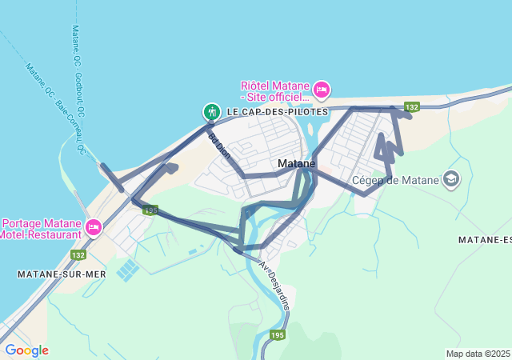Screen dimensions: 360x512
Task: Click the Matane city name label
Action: click(x=296, y=163)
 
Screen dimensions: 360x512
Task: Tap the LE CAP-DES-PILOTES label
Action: click(x=277, y=111)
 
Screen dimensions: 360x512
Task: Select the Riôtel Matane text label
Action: click(x=274, y=91)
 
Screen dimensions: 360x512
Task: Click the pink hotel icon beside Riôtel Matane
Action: click(x=321, y=90)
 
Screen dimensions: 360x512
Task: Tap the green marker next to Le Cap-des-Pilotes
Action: click(x=212, y=112)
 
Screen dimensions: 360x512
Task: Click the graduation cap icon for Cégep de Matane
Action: click(x=452, y=178)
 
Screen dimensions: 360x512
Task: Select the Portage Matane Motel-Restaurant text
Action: click(x=42, y=229)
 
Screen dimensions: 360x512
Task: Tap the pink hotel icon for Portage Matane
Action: click(x=93, y=228)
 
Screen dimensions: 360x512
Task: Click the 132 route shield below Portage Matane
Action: click(x=78, y=254)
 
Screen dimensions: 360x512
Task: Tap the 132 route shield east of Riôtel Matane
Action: click(x=412, y=107)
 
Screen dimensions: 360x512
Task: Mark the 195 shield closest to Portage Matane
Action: click(x=150, y=210)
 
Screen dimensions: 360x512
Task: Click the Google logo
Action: click(x=26, y=350)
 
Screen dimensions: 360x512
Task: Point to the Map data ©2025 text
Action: click(x=478, y=354)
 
